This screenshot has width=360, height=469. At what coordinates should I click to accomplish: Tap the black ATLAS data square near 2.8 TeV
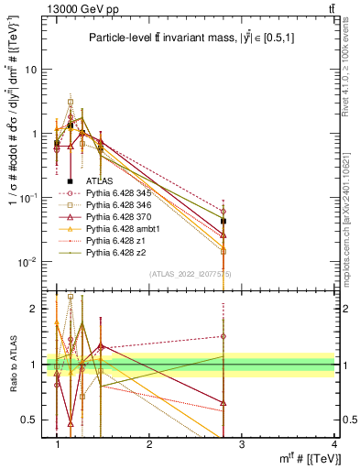tap(224, 222)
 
